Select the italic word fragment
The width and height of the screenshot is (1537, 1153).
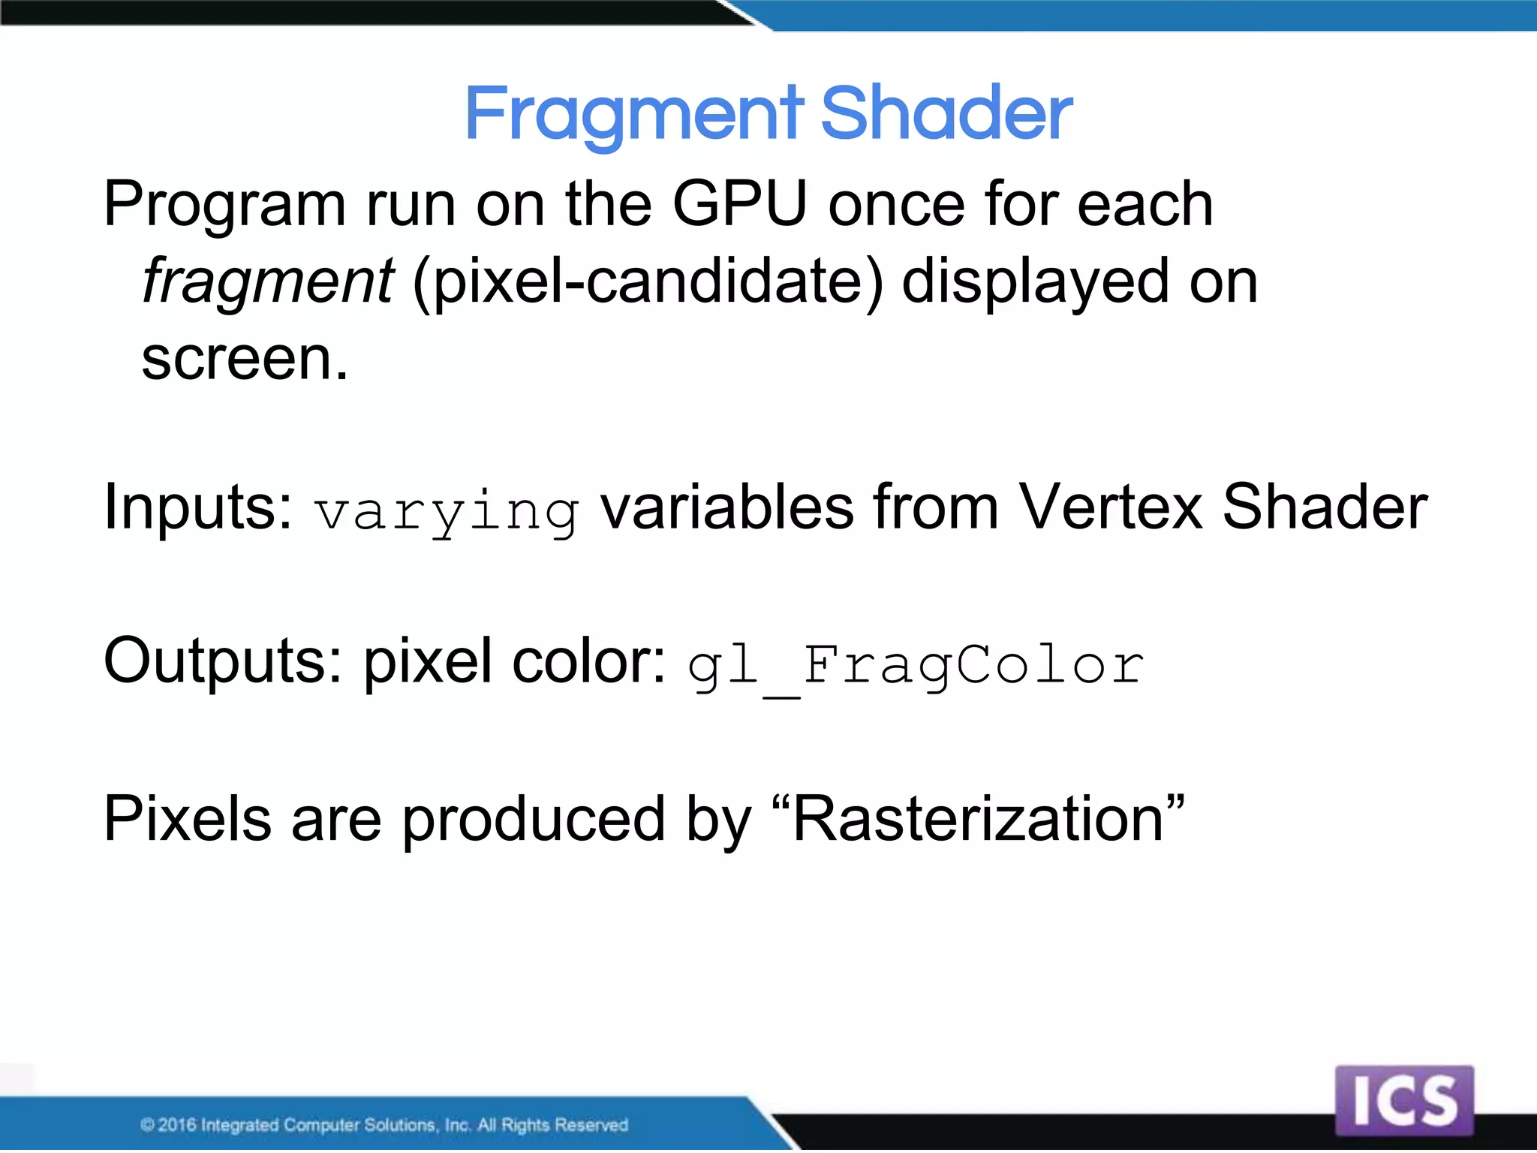[268, 281]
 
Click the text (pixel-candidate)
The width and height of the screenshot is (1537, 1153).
[648, 282]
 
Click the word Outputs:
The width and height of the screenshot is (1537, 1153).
[223, 661]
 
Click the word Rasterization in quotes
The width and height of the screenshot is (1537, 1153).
[977, 820]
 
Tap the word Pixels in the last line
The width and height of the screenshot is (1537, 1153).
[187, 820]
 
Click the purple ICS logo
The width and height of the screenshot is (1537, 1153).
[1404, 1100]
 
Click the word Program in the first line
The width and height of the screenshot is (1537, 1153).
[224, 205]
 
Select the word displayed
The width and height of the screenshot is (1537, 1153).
[1035, 282]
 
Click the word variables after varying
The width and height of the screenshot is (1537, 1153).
[726, 507]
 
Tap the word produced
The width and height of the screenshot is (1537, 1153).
[534, 820]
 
